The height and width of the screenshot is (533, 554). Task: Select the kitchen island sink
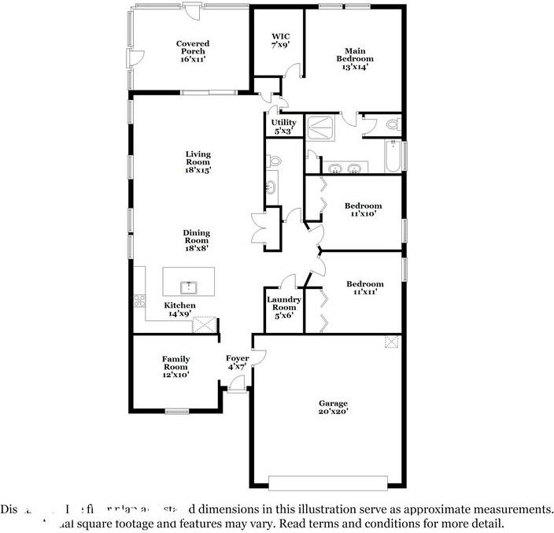point(189,286)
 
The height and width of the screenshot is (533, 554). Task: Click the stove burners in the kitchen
point(139,300)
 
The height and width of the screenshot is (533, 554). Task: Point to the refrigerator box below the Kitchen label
point(204,324)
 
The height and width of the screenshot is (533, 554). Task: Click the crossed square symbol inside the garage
point(391,341)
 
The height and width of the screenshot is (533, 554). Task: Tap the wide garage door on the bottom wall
point(328,482)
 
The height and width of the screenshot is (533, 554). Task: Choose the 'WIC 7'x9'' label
point(281,41)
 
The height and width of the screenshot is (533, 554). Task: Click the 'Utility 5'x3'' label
point(283,126)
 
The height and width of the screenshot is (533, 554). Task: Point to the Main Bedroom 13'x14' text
point(355,58)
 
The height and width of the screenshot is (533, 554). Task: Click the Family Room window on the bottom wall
point(177,411)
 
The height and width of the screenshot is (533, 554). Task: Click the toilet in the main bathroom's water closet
point(393,124)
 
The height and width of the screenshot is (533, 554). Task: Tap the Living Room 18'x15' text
point(198,161)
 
